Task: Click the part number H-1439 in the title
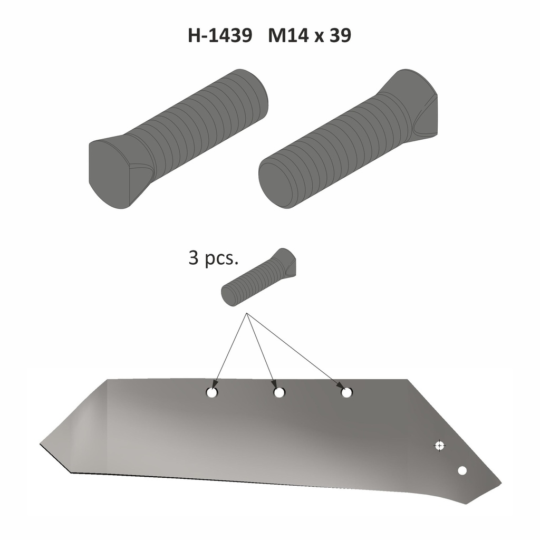pos(219,36)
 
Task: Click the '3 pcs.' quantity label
pos(214,259)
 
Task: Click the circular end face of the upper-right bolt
pos(276,185)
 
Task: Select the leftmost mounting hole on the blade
pos(211,393)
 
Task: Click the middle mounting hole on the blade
pos(279,393)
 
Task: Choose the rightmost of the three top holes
pos(346,393)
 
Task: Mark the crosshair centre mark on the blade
pos(439,446)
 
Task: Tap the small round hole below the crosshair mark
pos(462,470)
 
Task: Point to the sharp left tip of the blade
pos(41,445)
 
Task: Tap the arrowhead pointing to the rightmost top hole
pos(340,387)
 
